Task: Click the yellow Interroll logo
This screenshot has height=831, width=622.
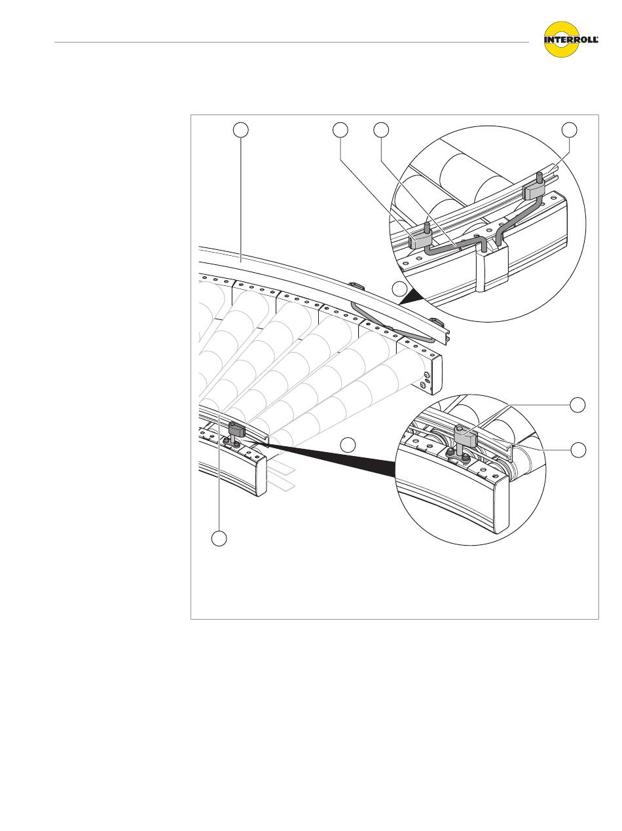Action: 571,39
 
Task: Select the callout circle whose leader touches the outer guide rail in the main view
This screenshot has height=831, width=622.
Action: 241,130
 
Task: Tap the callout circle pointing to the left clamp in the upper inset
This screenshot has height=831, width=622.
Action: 340,130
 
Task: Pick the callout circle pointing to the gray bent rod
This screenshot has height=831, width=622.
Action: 381,130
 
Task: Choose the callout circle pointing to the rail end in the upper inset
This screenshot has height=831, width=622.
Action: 570,130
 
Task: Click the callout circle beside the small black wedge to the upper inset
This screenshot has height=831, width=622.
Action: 399,289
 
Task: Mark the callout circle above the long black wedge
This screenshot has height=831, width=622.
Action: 348,445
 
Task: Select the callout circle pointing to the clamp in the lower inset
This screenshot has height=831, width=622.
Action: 577,406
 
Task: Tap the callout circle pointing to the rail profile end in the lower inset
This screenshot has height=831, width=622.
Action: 578,450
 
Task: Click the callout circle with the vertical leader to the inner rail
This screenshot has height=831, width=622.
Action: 219,539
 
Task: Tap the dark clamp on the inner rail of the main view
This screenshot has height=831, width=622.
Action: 236,429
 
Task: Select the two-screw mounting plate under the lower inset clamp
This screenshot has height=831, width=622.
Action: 456,456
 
